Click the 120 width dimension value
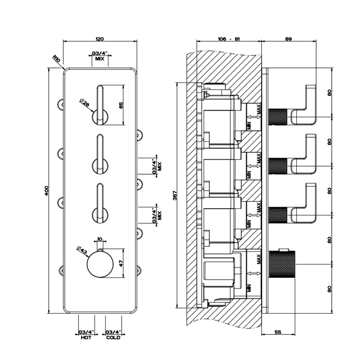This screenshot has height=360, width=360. [x=100, y=39]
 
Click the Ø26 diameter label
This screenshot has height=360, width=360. [x=84, y=102]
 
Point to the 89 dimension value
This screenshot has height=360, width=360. [x=288, y=39]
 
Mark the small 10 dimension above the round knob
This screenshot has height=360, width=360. [x=100, y=239]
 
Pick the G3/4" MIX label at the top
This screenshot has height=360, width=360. [x=100, y=56]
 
